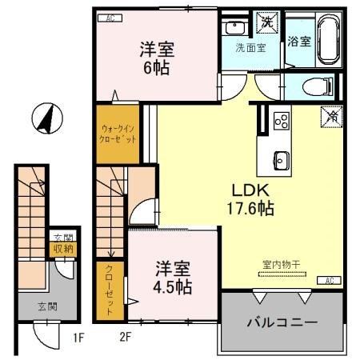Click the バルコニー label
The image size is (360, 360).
coord(281,323)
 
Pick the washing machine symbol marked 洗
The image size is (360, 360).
coord(266,22)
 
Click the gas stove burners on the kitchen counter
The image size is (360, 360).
coord(281,120)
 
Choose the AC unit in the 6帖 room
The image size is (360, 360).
coord(110,17)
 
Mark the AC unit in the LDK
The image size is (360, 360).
coord(329,280)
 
